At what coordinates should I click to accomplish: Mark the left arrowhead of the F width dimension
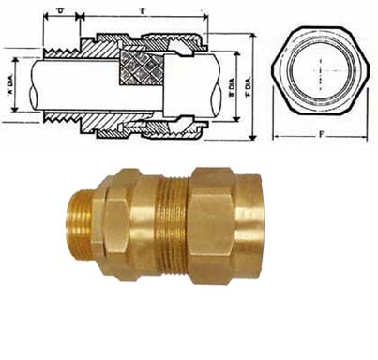(x=274, y=136)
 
